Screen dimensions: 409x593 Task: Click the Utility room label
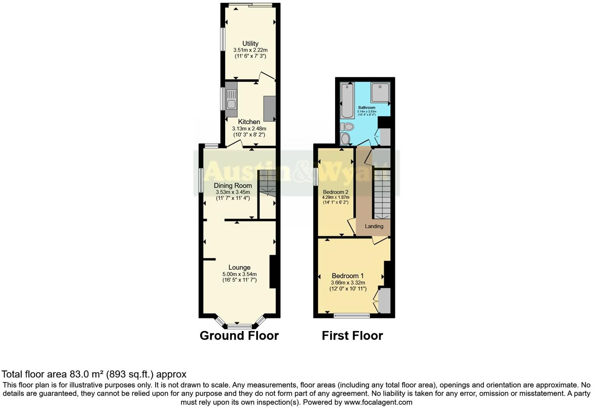250,43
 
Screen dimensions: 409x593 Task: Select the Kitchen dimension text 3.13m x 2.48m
249,128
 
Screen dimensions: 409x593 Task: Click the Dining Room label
233,185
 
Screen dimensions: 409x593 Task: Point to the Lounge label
239,267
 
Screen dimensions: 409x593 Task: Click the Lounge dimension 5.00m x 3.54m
239,274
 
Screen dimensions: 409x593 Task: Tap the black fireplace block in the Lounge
273,272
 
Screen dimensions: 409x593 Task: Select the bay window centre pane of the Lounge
240,325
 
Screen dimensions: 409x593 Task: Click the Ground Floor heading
239,336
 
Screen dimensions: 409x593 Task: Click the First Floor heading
352,336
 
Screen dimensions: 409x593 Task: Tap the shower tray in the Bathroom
380,93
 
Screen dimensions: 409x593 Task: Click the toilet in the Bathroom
346,127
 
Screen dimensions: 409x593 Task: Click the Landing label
374,226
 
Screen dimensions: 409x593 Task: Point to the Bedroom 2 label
336,192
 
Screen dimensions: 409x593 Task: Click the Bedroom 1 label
348,276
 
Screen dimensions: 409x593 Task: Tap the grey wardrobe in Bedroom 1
385,300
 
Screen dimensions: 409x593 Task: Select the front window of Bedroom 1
352,315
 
